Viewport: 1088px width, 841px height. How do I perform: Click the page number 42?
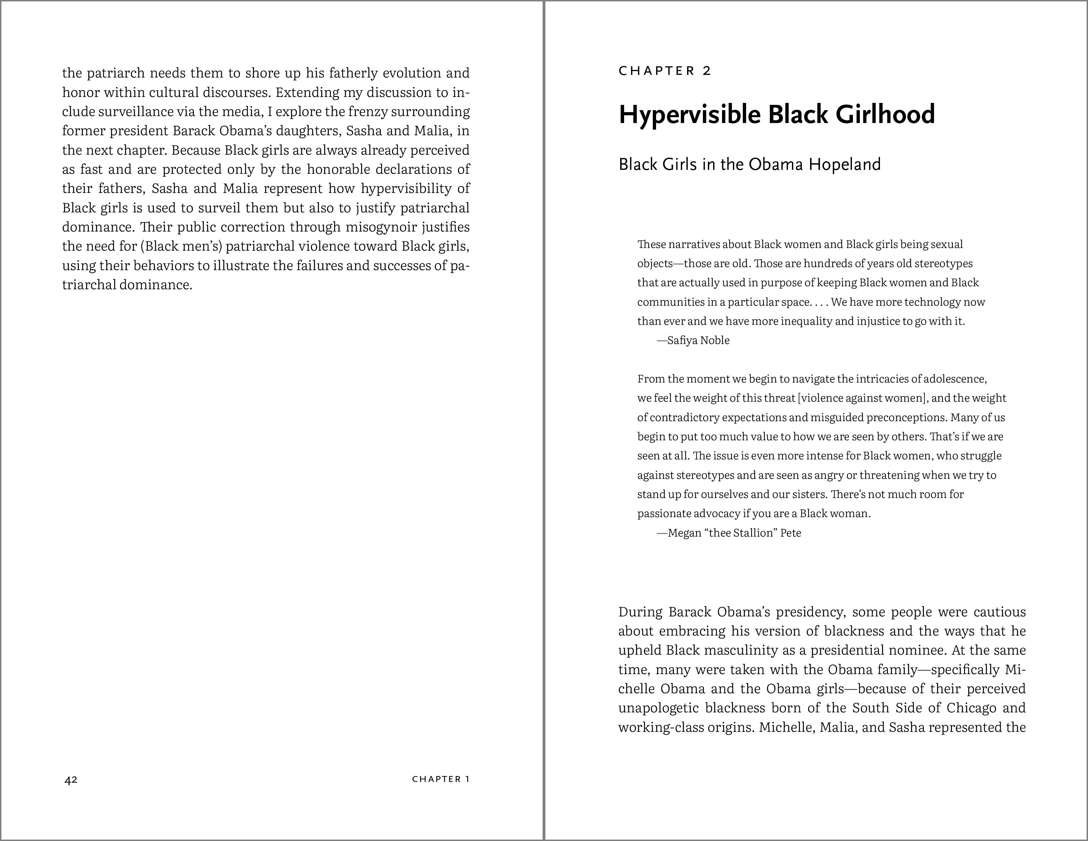coord(71,780)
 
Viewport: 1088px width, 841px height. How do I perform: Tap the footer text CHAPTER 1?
coord(440,779)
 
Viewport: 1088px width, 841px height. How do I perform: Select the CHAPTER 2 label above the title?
coord(665,71)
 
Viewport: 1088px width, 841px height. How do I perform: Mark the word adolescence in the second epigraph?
coord(954,379)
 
